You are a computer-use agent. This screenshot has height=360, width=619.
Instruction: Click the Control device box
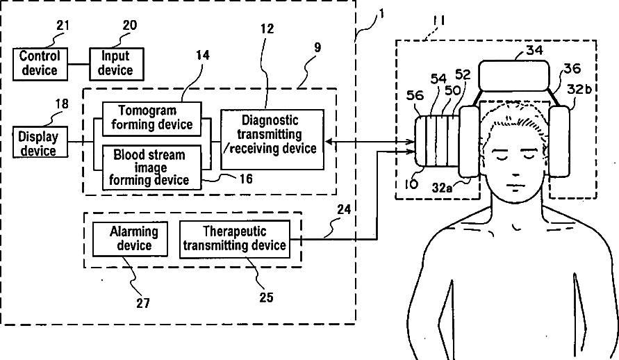pos(40,64)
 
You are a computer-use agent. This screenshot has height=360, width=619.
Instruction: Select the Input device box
pos(117,64)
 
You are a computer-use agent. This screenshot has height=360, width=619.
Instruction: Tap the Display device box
pos(40,142)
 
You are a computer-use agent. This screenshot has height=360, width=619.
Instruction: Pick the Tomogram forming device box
pos(152,120)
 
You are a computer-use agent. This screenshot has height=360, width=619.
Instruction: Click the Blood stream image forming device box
pos(152,167)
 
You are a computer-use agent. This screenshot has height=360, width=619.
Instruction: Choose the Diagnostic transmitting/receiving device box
pos(272,139)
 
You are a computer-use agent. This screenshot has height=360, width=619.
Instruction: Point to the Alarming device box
pos(131,239)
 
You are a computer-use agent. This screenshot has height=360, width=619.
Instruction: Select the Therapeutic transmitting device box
pos(235,239)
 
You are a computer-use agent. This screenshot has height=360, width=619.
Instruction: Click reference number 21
pos(63,26)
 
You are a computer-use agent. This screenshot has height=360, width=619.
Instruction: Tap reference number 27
pos(143,303)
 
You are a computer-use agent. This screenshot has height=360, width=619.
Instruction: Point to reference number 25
pos(266,297)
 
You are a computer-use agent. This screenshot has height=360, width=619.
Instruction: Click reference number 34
pos(534,50)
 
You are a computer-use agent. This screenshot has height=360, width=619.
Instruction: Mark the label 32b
pos(579,89)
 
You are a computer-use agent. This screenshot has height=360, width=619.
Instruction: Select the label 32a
pos(442,188)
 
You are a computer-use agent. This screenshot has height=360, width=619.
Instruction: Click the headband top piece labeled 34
pos(514,76)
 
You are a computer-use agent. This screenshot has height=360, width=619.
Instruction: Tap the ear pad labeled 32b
pos(559,141)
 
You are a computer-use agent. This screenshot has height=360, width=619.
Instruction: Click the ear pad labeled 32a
pos(469,141)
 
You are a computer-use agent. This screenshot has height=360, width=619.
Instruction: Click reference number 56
pos(415,95)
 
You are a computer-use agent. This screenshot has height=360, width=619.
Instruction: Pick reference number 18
pos(62,104)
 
